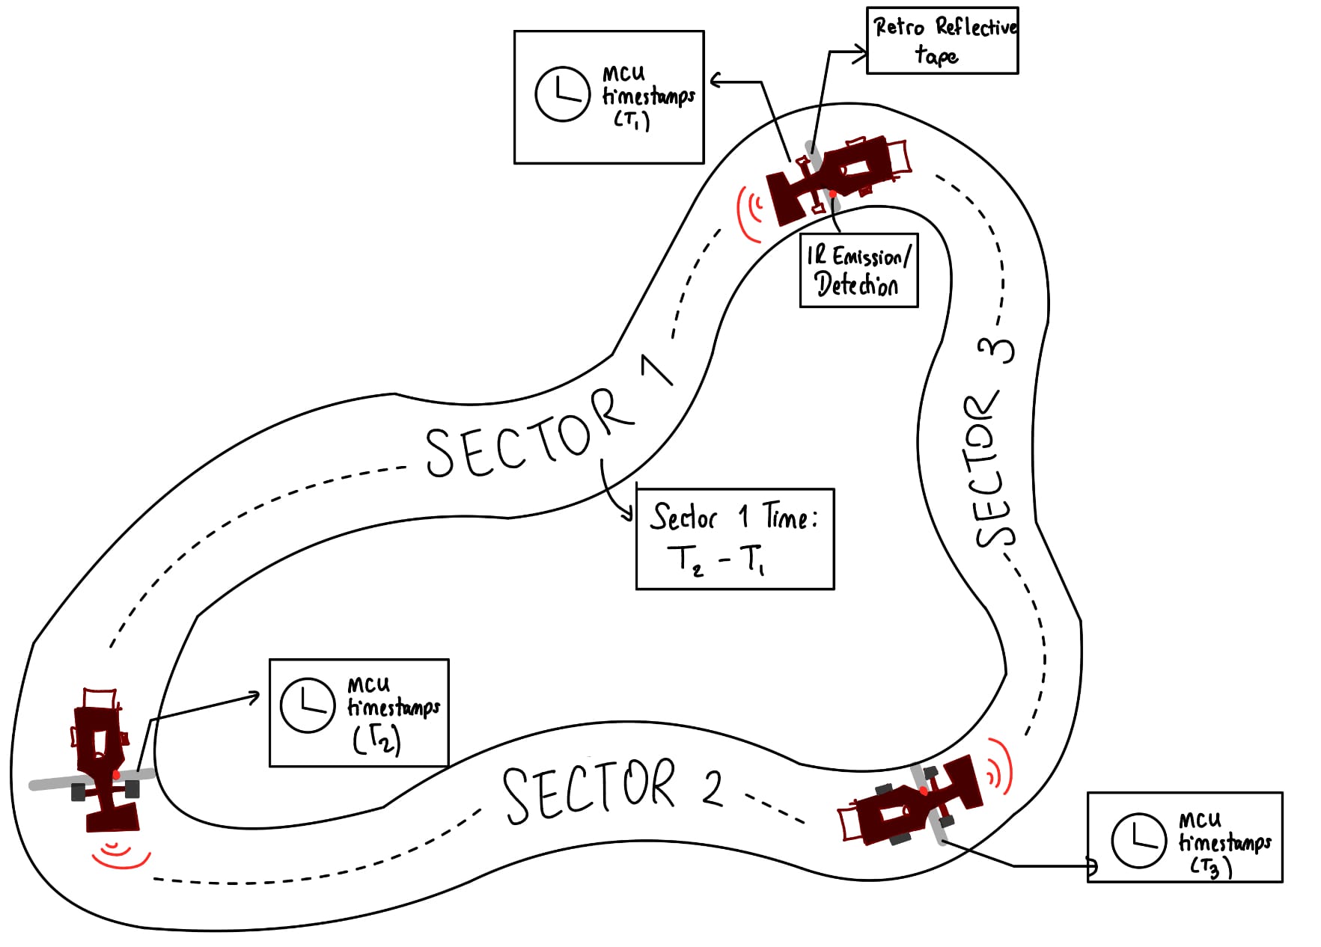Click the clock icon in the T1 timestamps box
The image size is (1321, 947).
[562, 94]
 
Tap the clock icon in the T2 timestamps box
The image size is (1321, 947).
[307, 705]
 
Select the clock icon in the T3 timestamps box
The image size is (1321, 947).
[1138, 840]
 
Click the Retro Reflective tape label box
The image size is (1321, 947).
[942, 41]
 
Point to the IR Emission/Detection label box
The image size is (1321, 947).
[858, 271]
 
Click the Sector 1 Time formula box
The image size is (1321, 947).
[734, 539]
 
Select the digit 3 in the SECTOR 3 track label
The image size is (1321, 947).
[997, 350]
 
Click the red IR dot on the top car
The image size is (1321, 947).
[832, 194]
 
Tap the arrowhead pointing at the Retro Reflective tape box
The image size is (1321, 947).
[861, 52]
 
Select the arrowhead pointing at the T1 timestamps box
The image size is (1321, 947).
[716, 80]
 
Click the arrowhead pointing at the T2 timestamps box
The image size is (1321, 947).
[254, 697]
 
